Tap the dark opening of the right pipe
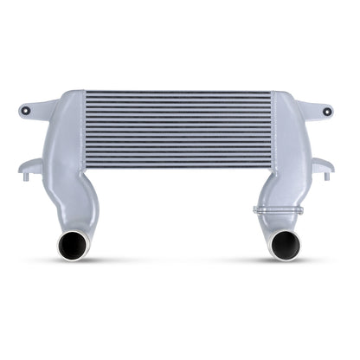[284, 245]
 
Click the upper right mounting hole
[328, 111]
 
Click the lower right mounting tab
[322, 164]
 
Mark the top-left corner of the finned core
[87, 90]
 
